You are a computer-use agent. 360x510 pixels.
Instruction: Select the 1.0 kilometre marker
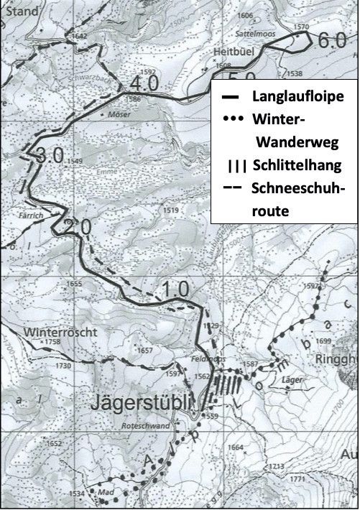point(175,289)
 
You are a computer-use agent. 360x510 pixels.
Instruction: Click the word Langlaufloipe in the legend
point(296,96)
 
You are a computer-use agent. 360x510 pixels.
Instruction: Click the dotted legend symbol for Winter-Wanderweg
point(234,119)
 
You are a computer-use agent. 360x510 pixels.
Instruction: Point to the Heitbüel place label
point(230,52)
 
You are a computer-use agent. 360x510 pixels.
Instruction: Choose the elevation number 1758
point(52,343)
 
